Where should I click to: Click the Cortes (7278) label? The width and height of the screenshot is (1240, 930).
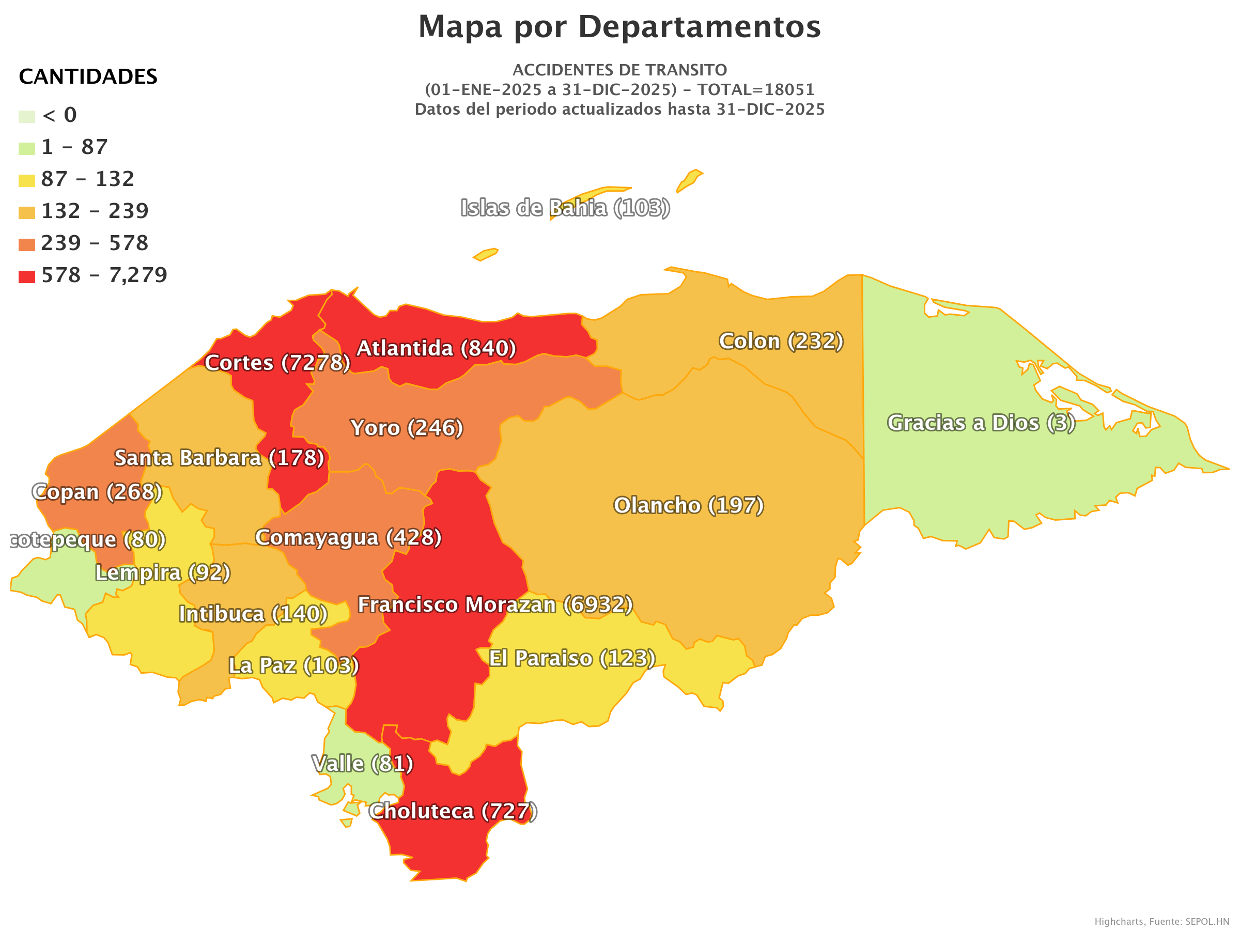[x=277, y=363]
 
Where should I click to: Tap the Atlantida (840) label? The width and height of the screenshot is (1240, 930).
[x=436, y=349]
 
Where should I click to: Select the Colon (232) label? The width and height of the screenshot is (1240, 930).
[x=781, y=342]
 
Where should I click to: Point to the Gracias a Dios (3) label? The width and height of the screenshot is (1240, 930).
[x=981, y=423]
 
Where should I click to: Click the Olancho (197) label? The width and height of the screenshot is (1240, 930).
[x=688, y=506]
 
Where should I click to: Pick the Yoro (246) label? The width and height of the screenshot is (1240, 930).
[x=407, y=428]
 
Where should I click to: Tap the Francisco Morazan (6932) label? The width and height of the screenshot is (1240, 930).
[x=495, y=605]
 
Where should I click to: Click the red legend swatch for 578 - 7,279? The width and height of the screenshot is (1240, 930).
[x=27, y=277]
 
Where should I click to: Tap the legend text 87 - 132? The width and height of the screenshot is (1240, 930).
[x=87, y=179]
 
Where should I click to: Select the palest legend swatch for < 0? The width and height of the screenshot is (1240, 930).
[x=27, y=117]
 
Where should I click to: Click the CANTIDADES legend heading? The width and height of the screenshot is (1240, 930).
[x=88, y=77]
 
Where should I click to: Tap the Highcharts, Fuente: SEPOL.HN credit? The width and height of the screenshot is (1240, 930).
[x=1161, y=922]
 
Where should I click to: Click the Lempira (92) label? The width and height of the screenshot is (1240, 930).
[x=163, y=573]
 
